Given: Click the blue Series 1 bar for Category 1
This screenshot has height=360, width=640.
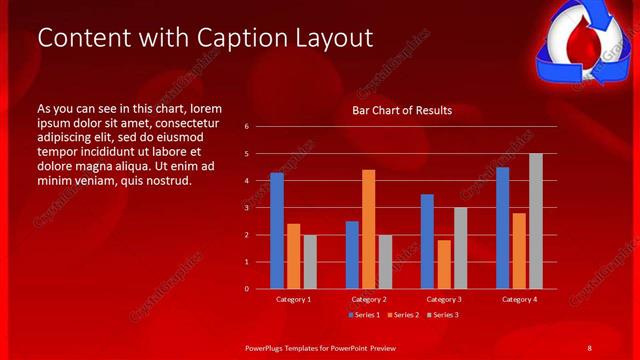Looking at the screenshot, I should click(277, 231).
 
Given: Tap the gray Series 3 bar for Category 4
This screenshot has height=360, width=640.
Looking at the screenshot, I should click(536, 221).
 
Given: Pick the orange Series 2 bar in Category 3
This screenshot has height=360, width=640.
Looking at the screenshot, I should click(443, 264).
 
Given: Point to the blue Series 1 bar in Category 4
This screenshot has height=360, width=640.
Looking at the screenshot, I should click(502, 228).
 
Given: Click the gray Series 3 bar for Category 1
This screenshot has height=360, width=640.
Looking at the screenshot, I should click(310, 262).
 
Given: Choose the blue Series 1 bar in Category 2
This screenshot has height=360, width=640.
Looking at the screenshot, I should click(352, 255).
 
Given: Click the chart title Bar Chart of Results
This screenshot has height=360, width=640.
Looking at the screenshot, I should click(402, 110).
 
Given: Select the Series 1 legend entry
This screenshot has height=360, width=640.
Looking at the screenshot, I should click(362, 315).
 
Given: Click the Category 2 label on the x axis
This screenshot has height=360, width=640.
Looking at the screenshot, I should click(369, 299).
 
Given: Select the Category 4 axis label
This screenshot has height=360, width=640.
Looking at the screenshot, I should click(519, 299).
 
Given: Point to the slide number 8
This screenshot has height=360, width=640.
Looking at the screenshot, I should click(589, 347).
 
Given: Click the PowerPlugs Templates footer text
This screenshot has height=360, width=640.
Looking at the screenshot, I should click(321, 347).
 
